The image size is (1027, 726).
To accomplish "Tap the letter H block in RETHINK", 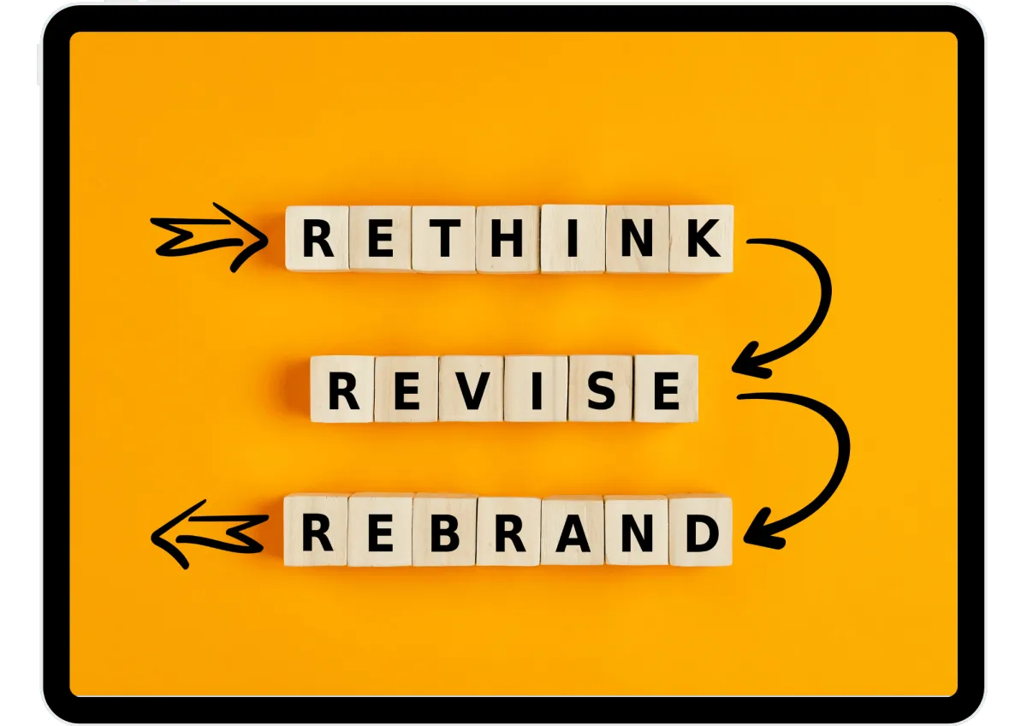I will click(508, 239).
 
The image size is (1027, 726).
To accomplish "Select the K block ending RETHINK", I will click(702, 239).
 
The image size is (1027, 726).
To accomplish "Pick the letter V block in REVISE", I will click(472, 390).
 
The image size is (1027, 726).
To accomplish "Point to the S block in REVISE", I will click(601, 390).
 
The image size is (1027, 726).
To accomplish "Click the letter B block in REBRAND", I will click(444, 531).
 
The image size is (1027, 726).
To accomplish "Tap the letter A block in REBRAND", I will click(573, 531).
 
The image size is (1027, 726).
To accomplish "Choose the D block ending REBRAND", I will click(701, 531).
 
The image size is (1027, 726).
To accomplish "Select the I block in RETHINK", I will click(573, 239).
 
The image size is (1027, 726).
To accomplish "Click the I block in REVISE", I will click(537, 390).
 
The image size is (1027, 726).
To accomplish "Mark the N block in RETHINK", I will click(638, 239).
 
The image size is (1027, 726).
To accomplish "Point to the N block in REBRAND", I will click(637, 531).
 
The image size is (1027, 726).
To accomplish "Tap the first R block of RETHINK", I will click(318, 239).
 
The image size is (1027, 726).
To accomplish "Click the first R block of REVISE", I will click(343, 390).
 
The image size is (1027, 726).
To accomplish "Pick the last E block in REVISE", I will click(666, 390).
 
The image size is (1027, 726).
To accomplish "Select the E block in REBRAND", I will click(380, 531).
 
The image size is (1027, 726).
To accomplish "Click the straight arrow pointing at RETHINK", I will click(210, 236).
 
